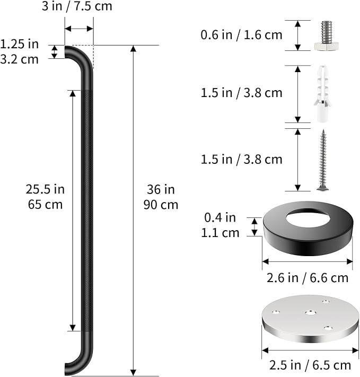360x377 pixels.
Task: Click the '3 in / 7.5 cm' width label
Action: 77,6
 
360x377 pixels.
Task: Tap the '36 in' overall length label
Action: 161,189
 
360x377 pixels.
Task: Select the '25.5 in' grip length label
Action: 45,189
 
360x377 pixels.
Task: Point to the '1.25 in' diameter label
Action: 19,44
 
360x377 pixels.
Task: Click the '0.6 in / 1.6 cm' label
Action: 241,35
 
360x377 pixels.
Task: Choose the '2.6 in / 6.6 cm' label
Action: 308,278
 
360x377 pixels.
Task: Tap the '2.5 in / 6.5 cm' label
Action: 310,365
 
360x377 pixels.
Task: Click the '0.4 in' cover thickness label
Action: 220,217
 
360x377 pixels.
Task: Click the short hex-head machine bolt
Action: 326,36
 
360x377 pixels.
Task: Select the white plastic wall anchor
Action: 323,94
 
